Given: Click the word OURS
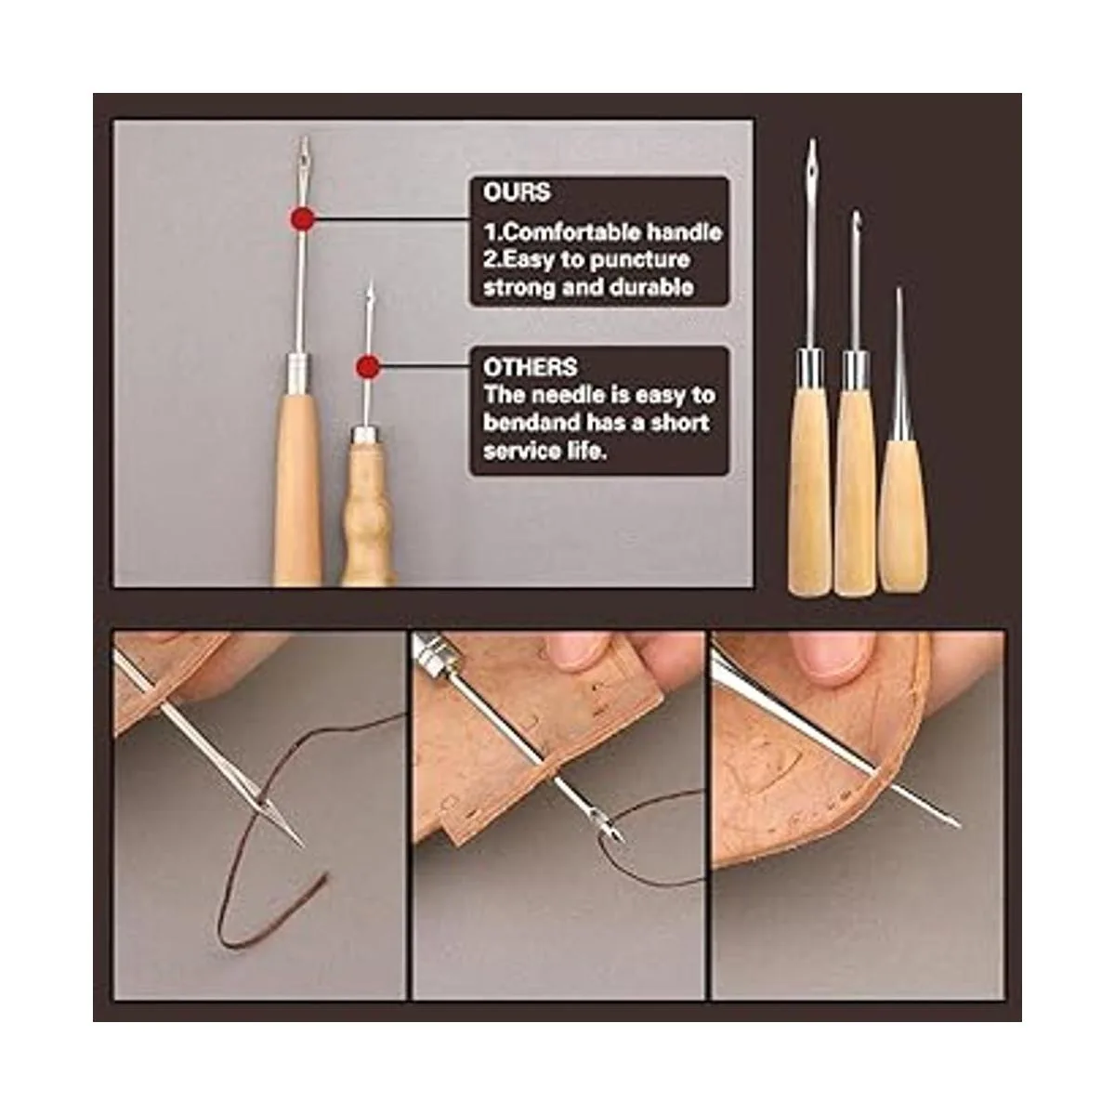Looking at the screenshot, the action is [517, 192].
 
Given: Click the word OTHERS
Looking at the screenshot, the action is [530, 367].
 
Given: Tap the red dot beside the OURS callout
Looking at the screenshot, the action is [303, 219].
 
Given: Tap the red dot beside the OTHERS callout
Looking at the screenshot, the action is [368, 366].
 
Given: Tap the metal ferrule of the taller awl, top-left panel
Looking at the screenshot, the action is [299, 366].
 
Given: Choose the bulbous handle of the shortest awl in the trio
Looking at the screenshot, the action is [903, 516].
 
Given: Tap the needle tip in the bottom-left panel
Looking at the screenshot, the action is [302, 845].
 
